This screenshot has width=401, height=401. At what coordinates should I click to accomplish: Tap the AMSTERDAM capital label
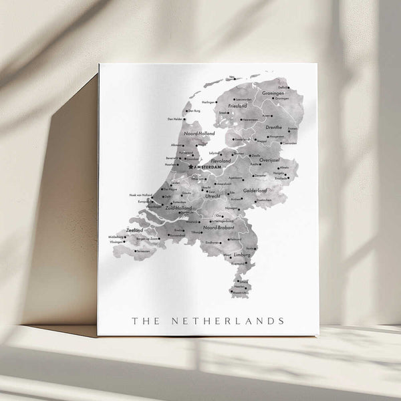pos(205,166)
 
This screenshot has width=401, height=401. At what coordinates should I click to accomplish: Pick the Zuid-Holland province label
pos(178,209)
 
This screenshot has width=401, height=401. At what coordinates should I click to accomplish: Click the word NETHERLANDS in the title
pos(229,321)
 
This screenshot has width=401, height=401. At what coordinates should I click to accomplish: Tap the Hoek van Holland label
pos(140,195)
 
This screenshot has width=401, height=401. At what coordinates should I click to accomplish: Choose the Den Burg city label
pos(194,111)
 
